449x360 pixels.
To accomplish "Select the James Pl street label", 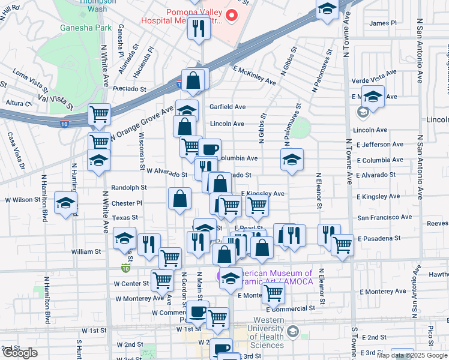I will (x=384, y=23).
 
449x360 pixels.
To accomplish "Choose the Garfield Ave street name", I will (x=228, y=107).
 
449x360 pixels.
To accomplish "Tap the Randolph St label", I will (x=128, y=188).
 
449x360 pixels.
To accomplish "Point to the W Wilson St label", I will (x=22, y=200).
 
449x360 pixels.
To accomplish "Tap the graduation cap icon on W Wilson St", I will (x=65, y=202).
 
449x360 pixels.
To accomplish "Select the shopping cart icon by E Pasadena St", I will (x=342, y=244).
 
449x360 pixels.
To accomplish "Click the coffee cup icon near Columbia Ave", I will (x=209, y=149).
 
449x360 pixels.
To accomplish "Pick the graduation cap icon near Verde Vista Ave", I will (x=372, y=96).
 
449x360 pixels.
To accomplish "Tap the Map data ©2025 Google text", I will (x=412, y=355).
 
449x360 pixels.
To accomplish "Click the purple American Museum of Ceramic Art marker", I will (x=221, y=275).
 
